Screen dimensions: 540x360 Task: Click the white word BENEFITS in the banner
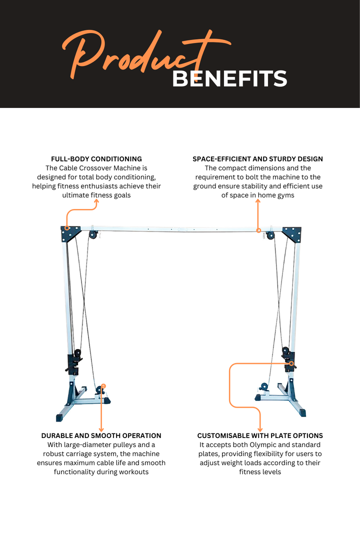tap(229, 79)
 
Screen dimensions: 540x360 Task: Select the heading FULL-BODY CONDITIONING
tap(96, 159)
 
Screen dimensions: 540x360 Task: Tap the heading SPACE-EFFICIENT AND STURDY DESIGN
tap(257, 159)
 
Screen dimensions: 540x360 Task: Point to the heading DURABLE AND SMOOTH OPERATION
tap(101, 435)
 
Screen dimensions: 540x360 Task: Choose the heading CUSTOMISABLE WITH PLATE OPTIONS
tap(260, 435)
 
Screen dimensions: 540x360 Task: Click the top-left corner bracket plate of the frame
tap(70, 233)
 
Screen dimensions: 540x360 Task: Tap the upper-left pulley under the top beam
tap(93, 235)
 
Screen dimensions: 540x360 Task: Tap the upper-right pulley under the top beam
tap(270, 236)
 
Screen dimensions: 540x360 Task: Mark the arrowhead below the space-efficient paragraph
tap(258, 201)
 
